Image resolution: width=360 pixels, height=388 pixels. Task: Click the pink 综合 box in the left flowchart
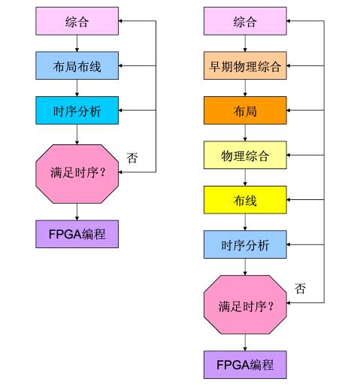tap(77, 21)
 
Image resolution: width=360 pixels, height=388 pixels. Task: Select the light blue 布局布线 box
tap(77, 66)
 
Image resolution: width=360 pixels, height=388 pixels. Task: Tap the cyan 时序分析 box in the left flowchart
tap(77, 111)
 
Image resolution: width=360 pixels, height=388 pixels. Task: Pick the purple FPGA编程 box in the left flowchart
tap(77, 234)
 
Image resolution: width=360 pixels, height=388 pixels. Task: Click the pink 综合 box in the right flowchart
tap(245, 21)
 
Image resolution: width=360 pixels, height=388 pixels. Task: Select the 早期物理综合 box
tap(245, 66)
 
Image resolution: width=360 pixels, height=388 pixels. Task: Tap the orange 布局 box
tap(245, 111)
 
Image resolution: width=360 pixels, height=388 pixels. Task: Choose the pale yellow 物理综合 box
tap(245, 156)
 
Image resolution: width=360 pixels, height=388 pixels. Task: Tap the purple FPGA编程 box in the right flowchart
tap(245, 365)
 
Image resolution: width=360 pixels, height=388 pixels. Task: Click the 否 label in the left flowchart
tap(132, 159)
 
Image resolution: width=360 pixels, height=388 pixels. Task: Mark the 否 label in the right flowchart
tap(301, 289)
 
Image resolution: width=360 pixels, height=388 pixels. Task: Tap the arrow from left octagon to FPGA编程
tap(77, 211)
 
